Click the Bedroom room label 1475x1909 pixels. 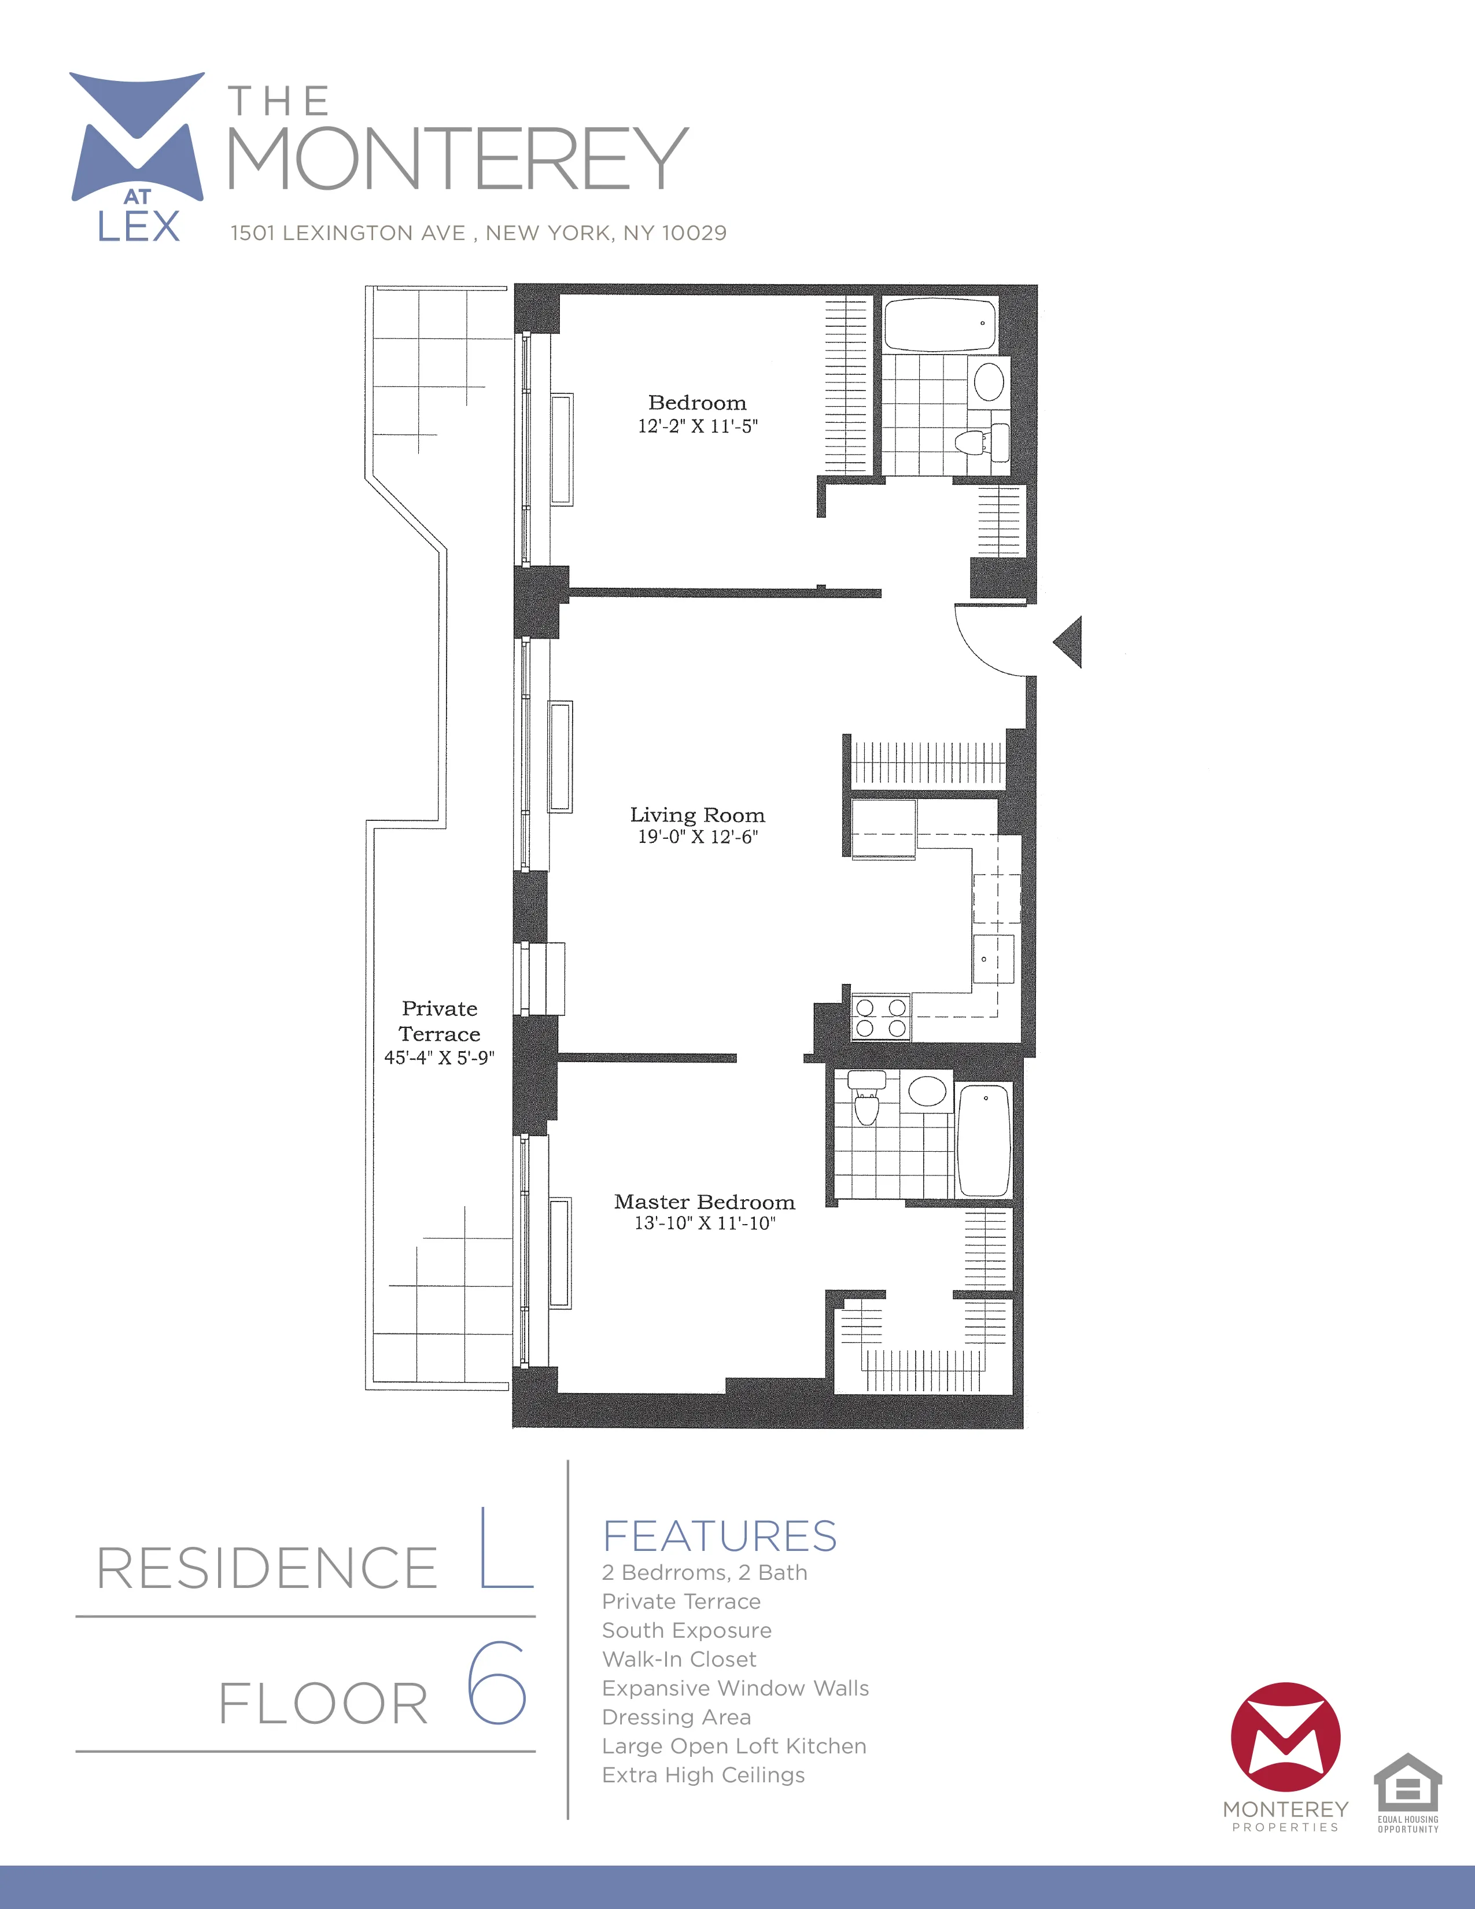tap(698, 403)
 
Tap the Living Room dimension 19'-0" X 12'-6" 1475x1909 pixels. tap(698, 836)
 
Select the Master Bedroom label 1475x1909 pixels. tap(705, 1202)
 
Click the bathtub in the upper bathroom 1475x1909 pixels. tap(939, 325)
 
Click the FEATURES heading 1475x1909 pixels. tap(719, 1536)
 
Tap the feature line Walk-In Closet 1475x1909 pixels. tap(679, 1659)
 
